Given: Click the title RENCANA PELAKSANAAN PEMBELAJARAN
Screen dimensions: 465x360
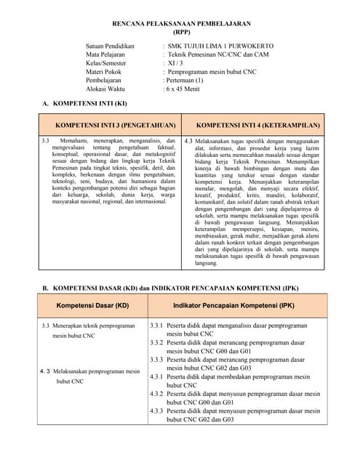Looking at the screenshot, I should pyautogui.click(x=180, y=24).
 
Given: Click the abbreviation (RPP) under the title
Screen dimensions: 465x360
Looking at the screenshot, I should pyautogui.click(x=180, y=33).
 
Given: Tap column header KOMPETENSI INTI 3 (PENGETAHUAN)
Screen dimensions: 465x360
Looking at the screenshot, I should pyautogui.click(x=116, y=125).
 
